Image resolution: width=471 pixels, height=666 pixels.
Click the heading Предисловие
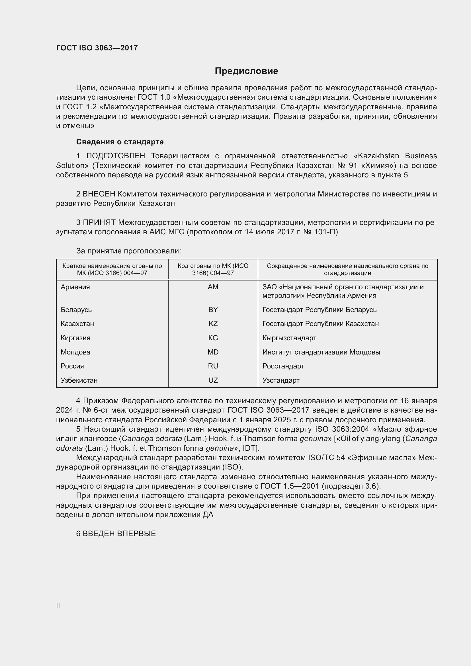click(246, 71)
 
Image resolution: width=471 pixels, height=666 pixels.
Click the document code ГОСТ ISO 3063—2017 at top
click(97, 48)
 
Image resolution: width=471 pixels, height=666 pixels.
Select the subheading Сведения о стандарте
click(120, 142)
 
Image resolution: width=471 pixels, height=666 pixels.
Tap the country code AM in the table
click(213, 287)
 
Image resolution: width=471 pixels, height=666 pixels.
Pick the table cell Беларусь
click(76, 310)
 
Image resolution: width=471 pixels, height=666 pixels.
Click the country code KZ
click(213, 324)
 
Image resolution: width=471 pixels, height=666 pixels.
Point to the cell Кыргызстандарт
click(289, 338)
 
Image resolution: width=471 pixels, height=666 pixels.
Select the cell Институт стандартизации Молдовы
click(321, 352)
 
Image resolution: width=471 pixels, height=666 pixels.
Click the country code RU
click(213, 366)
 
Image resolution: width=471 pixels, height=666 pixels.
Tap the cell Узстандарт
click(281, 380)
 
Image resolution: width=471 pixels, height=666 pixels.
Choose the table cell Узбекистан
click(79, 380)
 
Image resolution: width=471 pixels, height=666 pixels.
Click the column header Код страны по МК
click(213, 269)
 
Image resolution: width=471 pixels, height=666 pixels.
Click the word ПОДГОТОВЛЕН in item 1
click(115, 156)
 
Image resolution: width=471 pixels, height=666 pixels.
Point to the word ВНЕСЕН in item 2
click(99, 194)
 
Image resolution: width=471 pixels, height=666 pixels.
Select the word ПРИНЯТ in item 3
click(99, 222)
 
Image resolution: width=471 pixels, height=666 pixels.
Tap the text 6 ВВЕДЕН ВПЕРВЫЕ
click(116, 533)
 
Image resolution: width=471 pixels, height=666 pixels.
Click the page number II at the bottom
click(58, 606)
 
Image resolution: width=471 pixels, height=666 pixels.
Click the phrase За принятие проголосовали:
click(128, 251)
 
